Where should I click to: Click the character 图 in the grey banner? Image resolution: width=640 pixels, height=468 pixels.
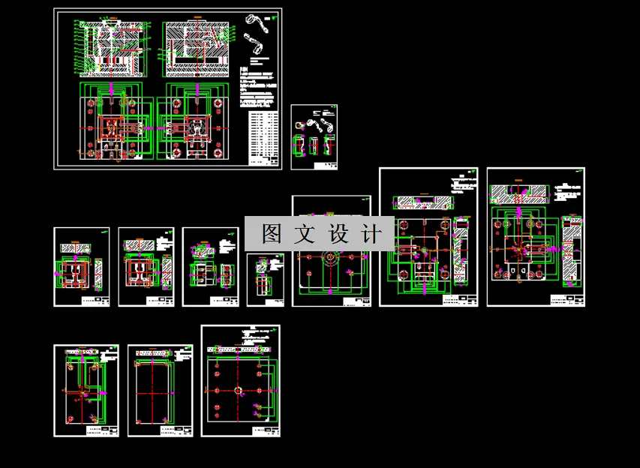coord(271,234)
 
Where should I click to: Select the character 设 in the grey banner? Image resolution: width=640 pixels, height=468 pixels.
coord(337,234)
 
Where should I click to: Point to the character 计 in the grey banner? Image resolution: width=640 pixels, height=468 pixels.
coord(370,234)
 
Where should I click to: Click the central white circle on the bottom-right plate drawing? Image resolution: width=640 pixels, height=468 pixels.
coord(238,390)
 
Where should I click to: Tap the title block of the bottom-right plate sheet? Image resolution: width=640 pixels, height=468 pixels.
coord(266,430)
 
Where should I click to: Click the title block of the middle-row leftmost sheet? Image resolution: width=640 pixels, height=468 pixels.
coord(96,301)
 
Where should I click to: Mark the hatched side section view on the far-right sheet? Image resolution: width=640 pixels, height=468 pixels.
coord(572,251)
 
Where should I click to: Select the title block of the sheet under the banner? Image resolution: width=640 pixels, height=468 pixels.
coord(356,301)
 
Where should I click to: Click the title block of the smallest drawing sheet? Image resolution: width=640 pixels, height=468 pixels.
coord(274,301)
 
